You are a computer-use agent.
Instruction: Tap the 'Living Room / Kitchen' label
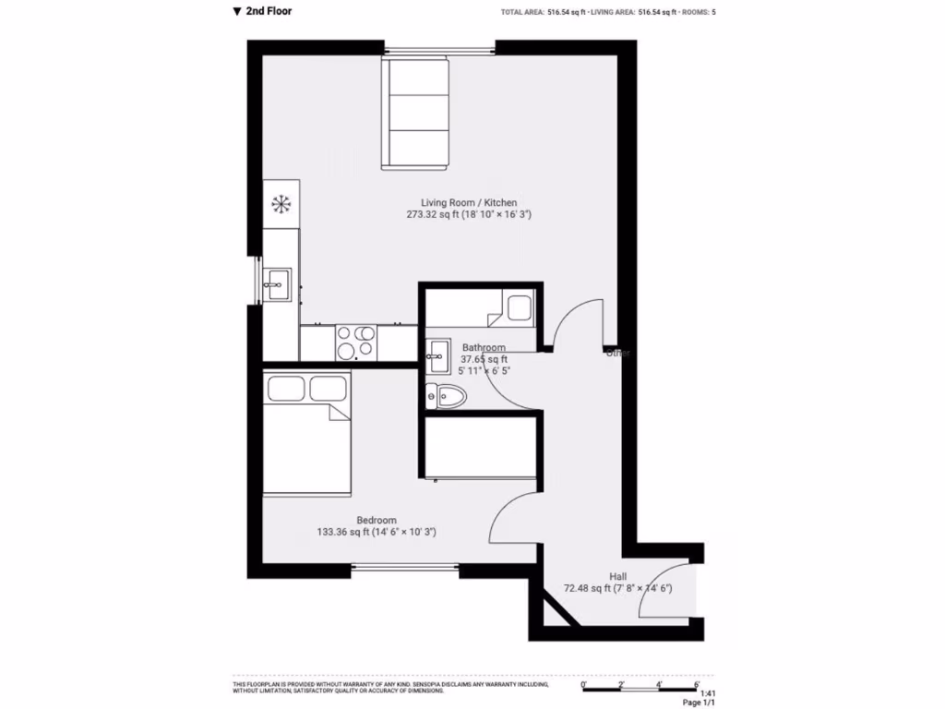pyautogui.click(x=469, y=203)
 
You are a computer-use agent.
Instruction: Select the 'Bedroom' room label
pyautogui.click(x=377, y=520)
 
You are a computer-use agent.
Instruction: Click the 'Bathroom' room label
pyautogui.click(x=484, y=348)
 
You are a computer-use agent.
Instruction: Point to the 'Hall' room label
pyautogui.click(x=617, y=576)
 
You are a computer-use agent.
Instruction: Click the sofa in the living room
pyautogui.click(x=416, y=114)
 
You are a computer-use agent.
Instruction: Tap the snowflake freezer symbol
pyautogui.click(x=280, y=203)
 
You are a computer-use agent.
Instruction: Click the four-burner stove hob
pyautogui.click(x=355, y=342)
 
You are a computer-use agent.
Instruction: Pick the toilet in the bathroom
pyautogui.click(x=447, y=396)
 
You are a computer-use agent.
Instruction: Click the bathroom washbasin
pyautogui.click(x=437, y=352)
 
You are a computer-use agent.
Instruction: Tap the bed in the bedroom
pyautogui.click(x=307, y=432)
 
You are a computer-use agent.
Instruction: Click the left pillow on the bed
pyautogui.click(x=285, y=388)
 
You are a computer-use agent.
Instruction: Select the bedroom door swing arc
pyautogui.click(x=508, y=517)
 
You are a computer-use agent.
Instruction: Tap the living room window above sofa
pyautogui.click(x=439, y=49)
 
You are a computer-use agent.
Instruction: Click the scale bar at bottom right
pyautogui.click(x=640, y=685)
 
